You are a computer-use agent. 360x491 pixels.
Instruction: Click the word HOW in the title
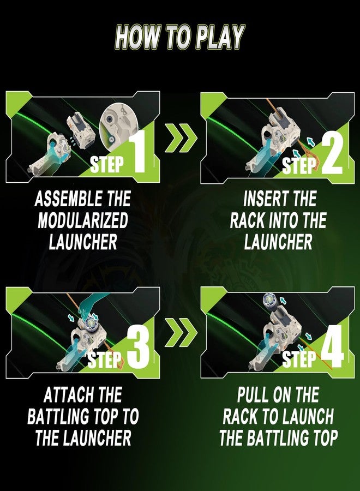tap(136, 38)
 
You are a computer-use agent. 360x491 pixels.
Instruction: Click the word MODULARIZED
tap(83, 220)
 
